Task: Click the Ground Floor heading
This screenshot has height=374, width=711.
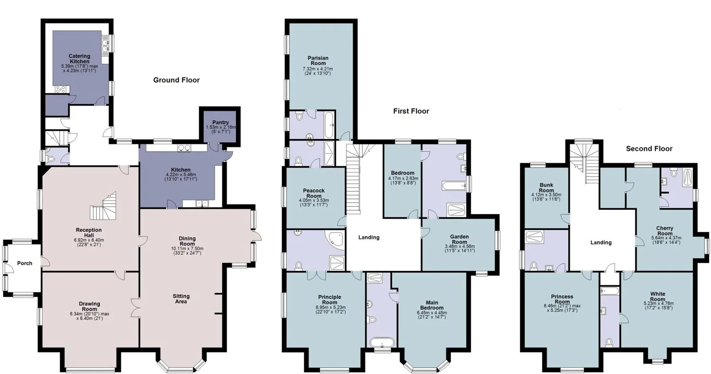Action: [176, 80]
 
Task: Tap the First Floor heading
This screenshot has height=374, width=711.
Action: [411, 111]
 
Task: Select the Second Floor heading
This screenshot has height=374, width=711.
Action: [649, 149]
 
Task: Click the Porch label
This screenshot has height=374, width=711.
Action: [25, 263]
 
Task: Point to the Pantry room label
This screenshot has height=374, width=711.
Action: [220, 122]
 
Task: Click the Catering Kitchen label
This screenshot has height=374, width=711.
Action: [79, 59]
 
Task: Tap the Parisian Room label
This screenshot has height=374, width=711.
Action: [318, 61]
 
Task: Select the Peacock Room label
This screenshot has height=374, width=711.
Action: [314, 193]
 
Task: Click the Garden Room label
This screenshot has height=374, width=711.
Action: [459, 239]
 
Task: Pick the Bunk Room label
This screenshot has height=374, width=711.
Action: [546, 187]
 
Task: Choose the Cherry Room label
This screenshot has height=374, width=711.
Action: [665, 231]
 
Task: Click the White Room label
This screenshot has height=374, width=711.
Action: [657, 296]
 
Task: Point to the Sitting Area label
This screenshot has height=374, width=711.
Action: [181, 299]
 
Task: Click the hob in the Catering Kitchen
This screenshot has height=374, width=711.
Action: [60, 89]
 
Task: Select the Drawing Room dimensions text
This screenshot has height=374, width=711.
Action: [90, 316]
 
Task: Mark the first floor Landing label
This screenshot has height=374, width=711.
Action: [369, 237]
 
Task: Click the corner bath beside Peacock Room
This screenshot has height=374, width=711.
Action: [334, 239]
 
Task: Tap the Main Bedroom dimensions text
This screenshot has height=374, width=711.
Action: [432, 315]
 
